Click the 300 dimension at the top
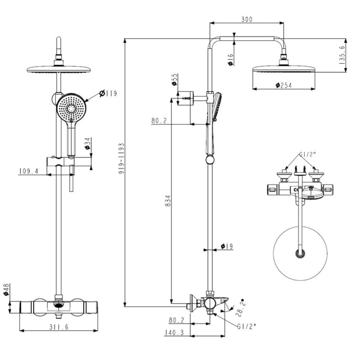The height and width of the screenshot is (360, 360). [x=246, y=19]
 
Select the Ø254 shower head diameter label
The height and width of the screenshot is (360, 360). [x=283, y=85]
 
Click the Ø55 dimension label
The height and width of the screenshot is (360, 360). [x=174, y=80]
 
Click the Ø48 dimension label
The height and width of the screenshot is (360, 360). [x=6, y=289]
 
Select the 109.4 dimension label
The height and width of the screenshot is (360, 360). [x=29, y=172]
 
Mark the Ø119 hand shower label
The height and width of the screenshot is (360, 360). [x=108, y=94]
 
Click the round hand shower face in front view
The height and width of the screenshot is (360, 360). [x=71, y=108]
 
